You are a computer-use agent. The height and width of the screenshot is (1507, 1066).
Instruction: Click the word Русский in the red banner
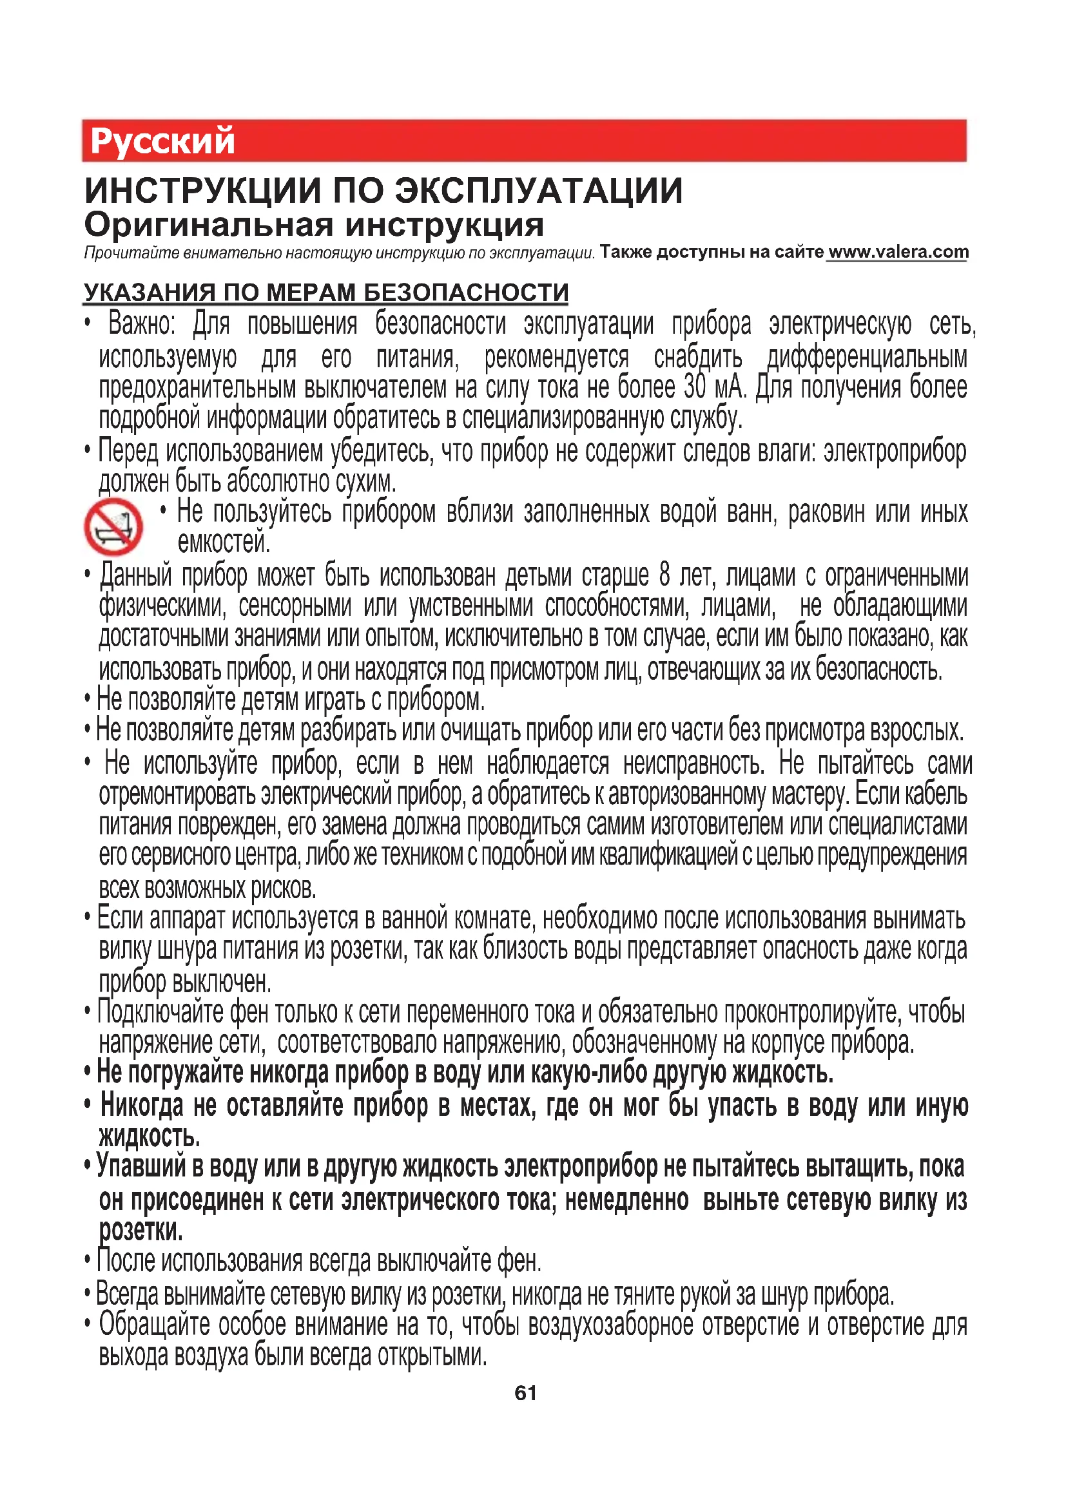click(162, 141)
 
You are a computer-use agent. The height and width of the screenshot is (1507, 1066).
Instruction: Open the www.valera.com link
click(898, 252)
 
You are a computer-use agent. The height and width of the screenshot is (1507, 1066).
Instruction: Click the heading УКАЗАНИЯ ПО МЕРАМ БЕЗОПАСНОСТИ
click(325, 292)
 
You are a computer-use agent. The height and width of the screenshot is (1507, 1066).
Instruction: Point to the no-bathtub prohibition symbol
click(113, 526)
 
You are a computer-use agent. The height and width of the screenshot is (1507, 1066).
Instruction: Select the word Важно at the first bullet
click(141, 324)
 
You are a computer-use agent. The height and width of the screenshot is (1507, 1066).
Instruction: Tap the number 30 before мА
click(695, 387)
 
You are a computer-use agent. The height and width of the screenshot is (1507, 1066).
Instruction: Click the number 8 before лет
click(664, 575)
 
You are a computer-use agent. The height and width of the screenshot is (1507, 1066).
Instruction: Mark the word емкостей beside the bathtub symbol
click(223, 542)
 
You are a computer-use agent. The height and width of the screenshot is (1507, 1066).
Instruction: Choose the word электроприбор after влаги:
click(895, 452)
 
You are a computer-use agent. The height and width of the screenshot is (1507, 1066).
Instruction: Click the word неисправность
click(694, 763)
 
